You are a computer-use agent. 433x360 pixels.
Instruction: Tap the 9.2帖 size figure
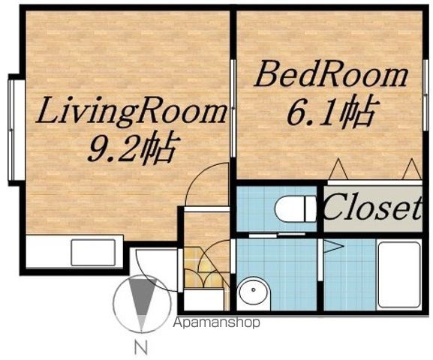pyautogui.click(x=131, y=148)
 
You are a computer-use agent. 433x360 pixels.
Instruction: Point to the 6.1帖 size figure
pyautogui.click(x=331, y=111)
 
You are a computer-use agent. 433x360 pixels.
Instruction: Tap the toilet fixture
pyautogui.click(x=296, y=208)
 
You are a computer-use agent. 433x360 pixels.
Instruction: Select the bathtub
pyautogui.click(x=399, y=275)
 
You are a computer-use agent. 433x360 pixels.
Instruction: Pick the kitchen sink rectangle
pyautogui.click(x=93, y=253)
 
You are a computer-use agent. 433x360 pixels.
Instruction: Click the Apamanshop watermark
pyautogui.click(x=216, y=322)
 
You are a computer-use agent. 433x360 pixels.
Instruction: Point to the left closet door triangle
pyautogui.click(x=338, y=169)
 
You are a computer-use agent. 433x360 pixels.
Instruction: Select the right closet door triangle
pyautogui.click(x=412, y=169)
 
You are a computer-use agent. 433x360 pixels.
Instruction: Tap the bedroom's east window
pyautogui.click(x=425, y=94)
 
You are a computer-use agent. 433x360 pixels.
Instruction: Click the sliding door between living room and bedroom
pyautogui.click(x=233, y=108)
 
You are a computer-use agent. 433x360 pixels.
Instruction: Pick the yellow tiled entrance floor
pyautogui.click(x=204, y=268)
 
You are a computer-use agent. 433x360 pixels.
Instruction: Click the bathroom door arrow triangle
pyautogui.click(x=333, y=246)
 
